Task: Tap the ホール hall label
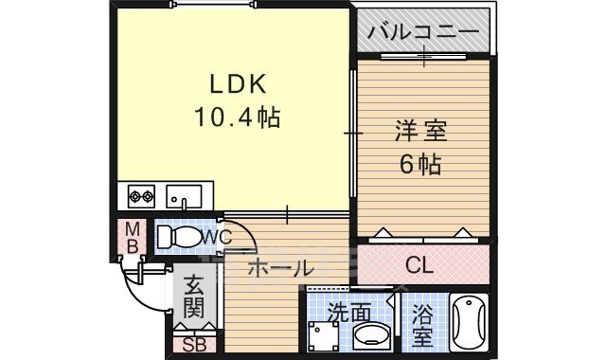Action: pos(279,269)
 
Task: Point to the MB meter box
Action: pos(133,238)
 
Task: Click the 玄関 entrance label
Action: pos(193,296)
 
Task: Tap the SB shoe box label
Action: pos(194,344)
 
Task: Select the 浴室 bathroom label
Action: pos(422,322)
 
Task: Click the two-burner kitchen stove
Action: pos(141,198)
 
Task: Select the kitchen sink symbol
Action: pos(184,197)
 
